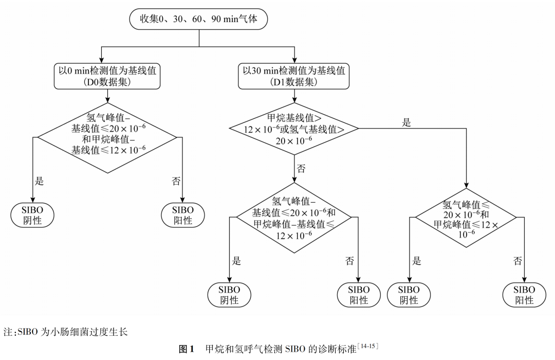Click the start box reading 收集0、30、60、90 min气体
click(198, 19)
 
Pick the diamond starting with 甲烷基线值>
click(294, 129)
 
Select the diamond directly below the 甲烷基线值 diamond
click(294, 218)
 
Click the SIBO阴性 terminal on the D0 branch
click(32, 215)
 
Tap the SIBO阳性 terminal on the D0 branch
click(182, 215)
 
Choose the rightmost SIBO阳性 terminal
click(524, 295)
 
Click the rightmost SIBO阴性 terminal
click(409, 295)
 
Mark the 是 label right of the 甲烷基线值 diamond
click(406, 122)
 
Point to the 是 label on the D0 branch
click(40, 181)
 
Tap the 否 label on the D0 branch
click(175, 181)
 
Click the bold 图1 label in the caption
click(186, 349)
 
